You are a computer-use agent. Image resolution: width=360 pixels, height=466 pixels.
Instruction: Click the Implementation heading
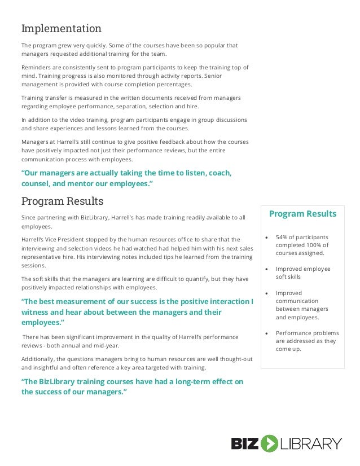62,29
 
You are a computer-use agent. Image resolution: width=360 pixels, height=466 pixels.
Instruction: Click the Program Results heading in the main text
62,201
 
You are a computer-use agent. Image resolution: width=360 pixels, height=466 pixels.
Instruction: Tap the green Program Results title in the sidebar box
302,214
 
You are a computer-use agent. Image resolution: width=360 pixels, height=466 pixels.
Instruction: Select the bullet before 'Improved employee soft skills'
266,269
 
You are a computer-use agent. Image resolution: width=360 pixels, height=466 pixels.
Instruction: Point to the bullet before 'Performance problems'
266,333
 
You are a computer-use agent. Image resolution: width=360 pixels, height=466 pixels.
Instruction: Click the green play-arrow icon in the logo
269,443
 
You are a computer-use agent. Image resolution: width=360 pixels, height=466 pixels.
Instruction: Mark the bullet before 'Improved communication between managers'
266,293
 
